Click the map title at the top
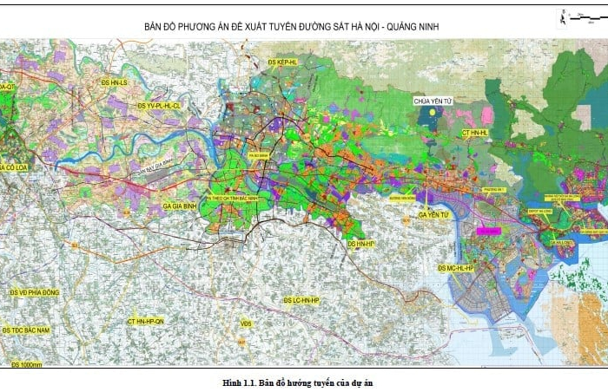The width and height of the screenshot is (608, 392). (x=292, y=27)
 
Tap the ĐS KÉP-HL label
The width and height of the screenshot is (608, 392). (x=283, y=62)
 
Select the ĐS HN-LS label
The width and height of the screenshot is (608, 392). (x=114, y=82)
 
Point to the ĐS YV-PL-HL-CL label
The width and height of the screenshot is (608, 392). (x=159, y=106)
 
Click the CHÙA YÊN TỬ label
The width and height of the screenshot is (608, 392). (x=434, y=101)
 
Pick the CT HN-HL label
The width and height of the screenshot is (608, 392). (x=476, y=133)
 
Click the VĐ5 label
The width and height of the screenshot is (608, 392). (x=246, y=323)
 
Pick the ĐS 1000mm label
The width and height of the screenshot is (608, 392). (x=27, y=364)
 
